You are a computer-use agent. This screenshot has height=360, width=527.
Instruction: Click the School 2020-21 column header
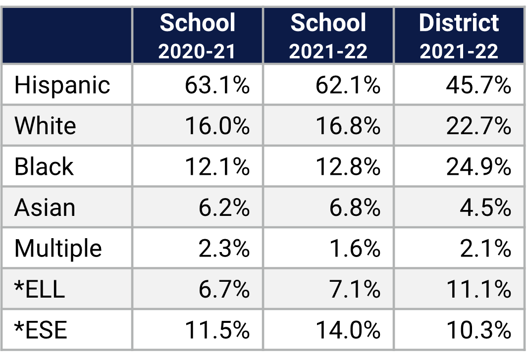coord(197,36)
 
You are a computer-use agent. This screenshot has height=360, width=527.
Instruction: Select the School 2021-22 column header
coord(328,36)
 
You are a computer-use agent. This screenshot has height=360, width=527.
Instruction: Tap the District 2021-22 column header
coord(459,36)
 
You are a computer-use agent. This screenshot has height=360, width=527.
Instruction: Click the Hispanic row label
coord(62,85)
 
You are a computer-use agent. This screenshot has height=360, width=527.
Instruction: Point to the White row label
coord(45,126)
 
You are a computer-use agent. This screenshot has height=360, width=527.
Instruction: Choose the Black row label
coord(44,166)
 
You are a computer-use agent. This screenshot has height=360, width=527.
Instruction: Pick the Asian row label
coord(45,207)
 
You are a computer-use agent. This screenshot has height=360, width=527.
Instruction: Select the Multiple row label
coord(58,248)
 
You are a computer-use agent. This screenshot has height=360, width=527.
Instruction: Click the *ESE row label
coord(41,330)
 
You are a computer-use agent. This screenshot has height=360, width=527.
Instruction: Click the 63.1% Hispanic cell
coord(217,85)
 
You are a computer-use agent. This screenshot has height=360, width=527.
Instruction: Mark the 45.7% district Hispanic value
coord(478,85)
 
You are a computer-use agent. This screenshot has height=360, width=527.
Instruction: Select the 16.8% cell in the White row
coord(348,126)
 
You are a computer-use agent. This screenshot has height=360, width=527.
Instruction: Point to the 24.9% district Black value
coord(478,166)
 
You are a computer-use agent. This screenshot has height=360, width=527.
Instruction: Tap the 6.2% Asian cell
coord(224,207)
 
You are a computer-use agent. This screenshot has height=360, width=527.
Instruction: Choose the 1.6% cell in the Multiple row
coord(355,248)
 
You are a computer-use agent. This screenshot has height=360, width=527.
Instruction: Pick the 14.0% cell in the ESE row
coord(348,330)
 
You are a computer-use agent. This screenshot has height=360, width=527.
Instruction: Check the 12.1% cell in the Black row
coord(217,166)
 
